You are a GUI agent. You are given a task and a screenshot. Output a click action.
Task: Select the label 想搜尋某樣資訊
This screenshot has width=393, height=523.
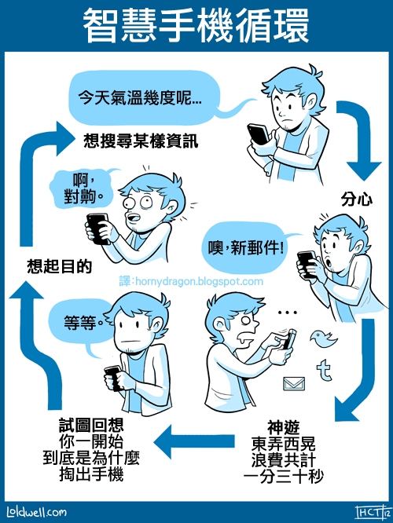pyautogui.click(x=141, y=142)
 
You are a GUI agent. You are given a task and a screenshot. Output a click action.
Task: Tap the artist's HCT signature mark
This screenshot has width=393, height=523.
pyautogui.click(x=367, y=511)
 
